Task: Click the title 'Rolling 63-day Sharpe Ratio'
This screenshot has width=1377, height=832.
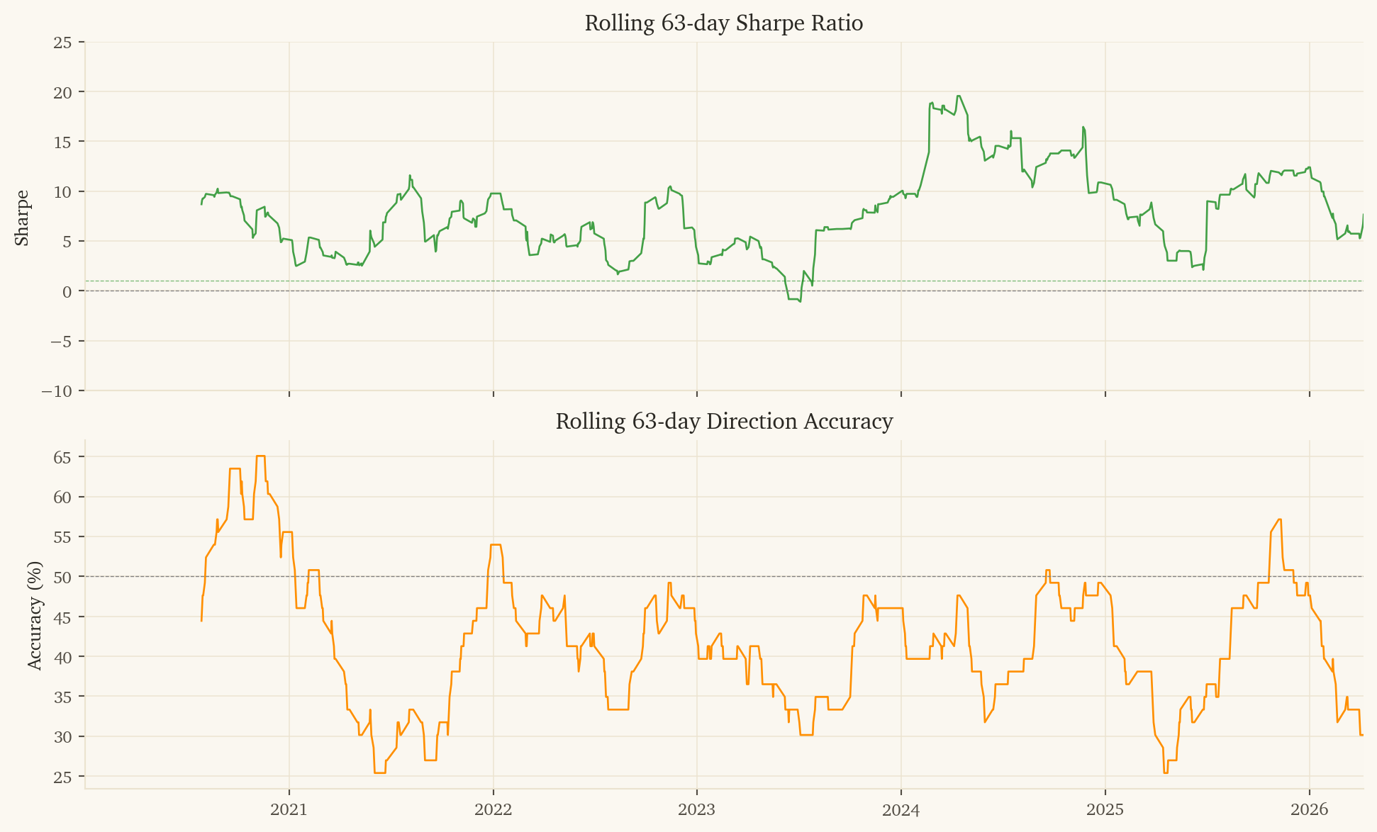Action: point(723,23)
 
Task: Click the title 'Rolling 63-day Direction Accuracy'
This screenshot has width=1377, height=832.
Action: point(723,422)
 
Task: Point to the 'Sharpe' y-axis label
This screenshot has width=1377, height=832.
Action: point(22,218)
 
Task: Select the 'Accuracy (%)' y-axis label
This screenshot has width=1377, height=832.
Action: point(35,615)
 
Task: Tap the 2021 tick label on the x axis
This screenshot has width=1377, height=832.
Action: point(289,809)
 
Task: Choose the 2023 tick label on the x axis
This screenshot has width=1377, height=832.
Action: point(697,809)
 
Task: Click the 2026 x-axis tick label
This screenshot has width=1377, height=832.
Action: point(1309,809)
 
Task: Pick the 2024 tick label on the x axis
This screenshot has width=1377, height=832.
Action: point(901,809)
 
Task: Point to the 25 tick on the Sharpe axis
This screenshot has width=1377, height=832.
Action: point(62,43)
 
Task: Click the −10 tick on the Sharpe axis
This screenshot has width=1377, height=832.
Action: point(57,391)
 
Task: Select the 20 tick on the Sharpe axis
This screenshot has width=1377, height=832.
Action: point(62,92)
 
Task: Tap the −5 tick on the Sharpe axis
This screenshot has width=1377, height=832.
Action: point(60,342)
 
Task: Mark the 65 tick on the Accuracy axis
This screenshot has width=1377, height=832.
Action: point(62,457)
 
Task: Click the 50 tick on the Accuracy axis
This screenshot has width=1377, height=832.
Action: point(62,577)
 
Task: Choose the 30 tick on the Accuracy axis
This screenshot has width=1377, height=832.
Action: point(62,737)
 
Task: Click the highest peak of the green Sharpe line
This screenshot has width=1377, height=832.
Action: point(959,96)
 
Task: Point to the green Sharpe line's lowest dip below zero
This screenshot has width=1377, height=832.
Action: point(800,301)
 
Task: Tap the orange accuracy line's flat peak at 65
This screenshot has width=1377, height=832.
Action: point(260,456)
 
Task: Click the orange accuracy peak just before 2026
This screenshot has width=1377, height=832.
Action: point(1279,519)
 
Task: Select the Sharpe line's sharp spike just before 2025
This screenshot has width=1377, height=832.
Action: point(1083,128)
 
